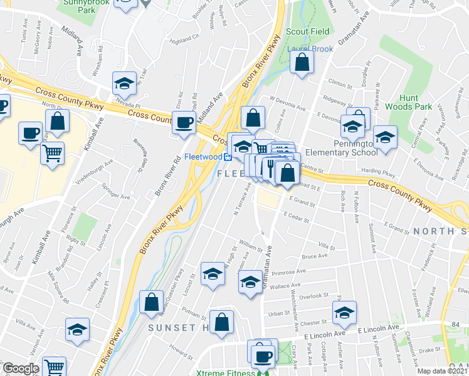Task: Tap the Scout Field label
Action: pos(305,31)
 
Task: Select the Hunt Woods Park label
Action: pos(416,102)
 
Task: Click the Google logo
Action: pos(20,369)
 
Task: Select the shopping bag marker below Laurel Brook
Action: pos(302,62)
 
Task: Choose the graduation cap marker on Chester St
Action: pos(344,313)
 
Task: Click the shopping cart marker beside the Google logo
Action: pos(55,368)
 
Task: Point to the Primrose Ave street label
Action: pos(288,273)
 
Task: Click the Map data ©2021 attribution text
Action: pos(442,371)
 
